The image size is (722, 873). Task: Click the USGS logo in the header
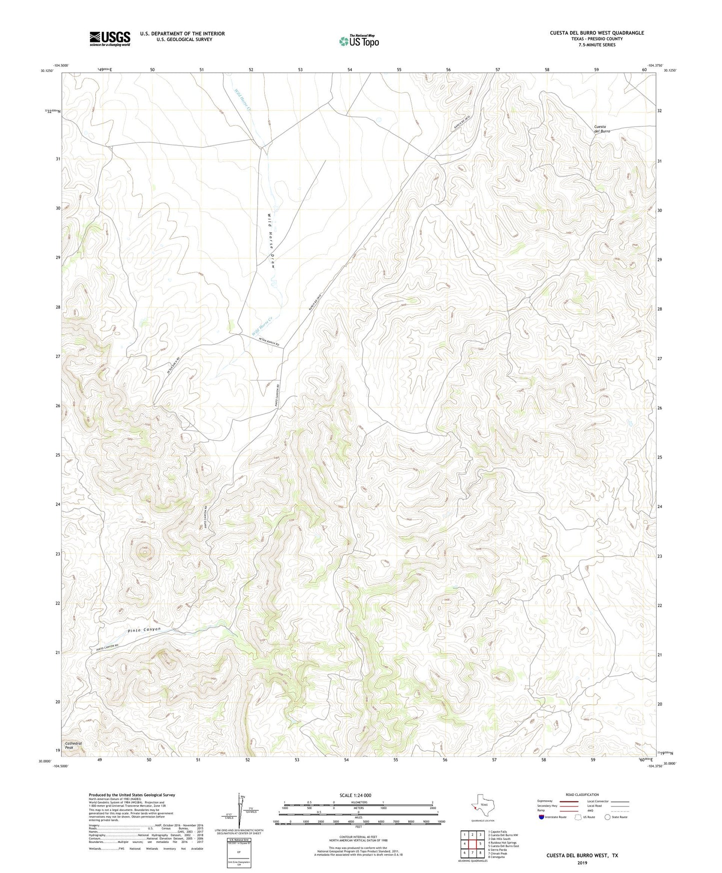point(109,38)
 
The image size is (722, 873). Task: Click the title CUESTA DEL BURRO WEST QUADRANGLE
point(597,33)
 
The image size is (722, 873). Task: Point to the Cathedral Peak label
point(73,745)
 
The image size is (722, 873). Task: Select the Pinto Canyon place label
point(144,630)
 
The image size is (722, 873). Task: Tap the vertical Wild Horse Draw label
point(271,241)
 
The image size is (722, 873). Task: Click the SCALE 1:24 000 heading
point(355,795)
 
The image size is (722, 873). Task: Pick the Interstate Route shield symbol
point(541,817)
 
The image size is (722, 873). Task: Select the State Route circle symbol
point(607,817)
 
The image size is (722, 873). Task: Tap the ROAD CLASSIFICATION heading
point(582,794)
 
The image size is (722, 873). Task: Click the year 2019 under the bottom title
point(582,862)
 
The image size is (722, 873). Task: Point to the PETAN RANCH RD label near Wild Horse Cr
point(269,342)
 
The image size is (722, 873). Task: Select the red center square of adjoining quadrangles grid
point(472,844)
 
